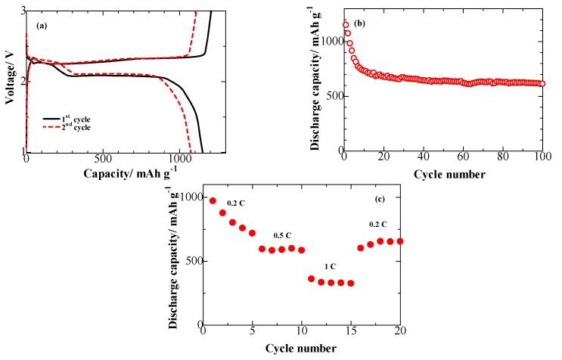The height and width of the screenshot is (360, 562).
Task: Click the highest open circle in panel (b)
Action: click(346, 25)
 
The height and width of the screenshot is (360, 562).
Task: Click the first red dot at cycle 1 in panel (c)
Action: click(213, 201)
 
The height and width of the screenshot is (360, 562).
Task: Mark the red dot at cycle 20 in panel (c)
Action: click(399, 241)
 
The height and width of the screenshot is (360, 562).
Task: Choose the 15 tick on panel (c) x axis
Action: click(350, 332)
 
